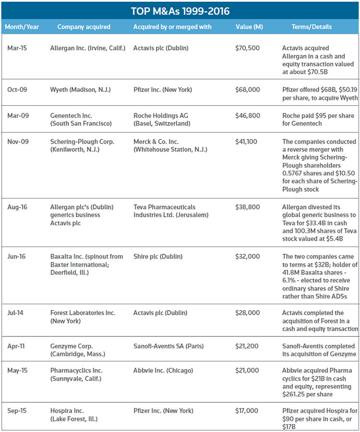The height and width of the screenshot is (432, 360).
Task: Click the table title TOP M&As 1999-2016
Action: (x=180, y=11)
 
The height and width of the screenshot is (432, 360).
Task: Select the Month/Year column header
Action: (x=21, y=27)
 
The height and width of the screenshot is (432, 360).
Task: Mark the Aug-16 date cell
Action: (x=17, y=207)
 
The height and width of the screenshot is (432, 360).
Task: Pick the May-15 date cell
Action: (x=17, y=370)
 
